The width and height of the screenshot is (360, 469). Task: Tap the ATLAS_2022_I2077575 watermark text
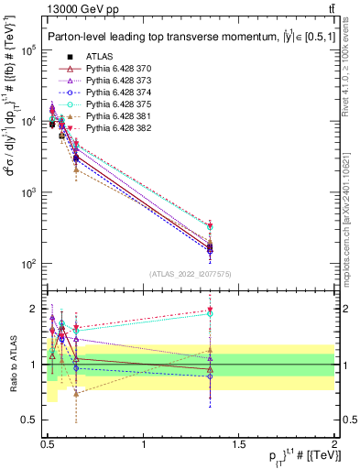point(191,274)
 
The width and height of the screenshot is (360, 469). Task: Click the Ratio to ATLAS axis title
point(12,364)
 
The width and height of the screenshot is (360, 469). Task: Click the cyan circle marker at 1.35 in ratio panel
point(313,313)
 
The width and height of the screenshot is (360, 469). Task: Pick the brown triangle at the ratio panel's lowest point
point(76,393)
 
